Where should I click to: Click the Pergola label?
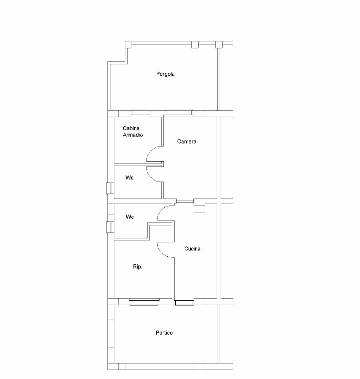click(x=165, y=74)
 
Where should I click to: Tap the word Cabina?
click(x=131, y=128)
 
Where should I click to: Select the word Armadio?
click(x=133, y=135)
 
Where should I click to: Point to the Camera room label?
click(x=187, y=142)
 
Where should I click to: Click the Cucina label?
click(x=192, y=249)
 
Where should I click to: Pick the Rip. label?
click(x=138, y=267)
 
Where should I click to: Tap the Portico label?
click(x=164, y=333)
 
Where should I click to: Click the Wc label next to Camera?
click(x=129, y=178)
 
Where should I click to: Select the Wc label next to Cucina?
click(x=130, y=217)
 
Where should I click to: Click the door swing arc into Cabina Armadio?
click(x=151, y=151)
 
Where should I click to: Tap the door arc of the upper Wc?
click(x=151, y=177)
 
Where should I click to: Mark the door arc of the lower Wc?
click(x=162, y=210)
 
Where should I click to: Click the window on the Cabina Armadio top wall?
click(x=141, y=113)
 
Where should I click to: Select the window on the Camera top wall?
click(x=180, y=113)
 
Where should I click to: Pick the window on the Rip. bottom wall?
click(x=144, y=302)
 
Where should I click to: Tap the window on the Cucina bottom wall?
click(x=184, y=302)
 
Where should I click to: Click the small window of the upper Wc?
click(x=110, y=189)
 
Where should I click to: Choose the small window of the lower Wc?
click(x=110, y=227)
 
